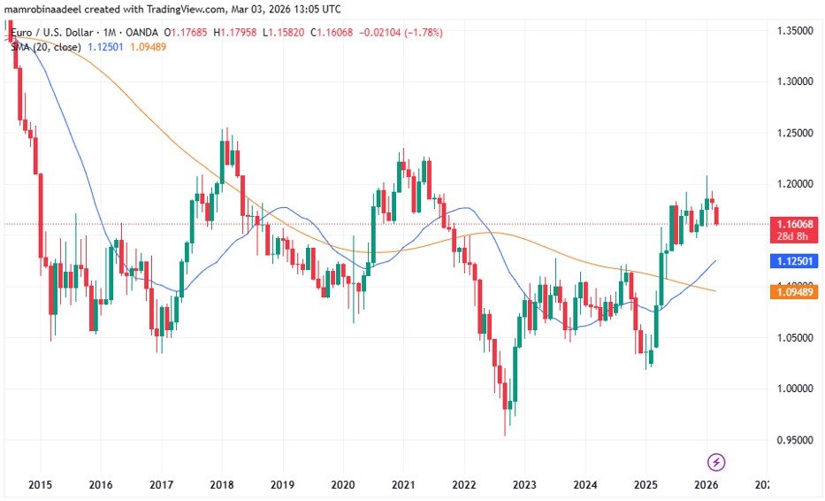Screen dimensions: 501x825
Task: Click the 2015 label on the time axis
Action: click(x=40, y=485)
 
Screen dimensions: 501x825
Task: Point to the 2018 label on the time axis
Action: click(x=221, y=485)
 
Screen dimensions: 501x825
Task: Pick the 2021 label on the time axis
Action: click(x=403, y=485)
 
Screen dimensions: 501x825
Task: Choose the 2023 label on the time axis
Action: click(x=524, y=485)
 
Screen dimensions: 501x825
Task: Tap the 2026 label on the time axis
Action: click(x=706, y=485)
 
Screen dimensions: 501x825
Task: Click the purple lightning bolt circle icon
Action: click(x=717, y=461)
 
